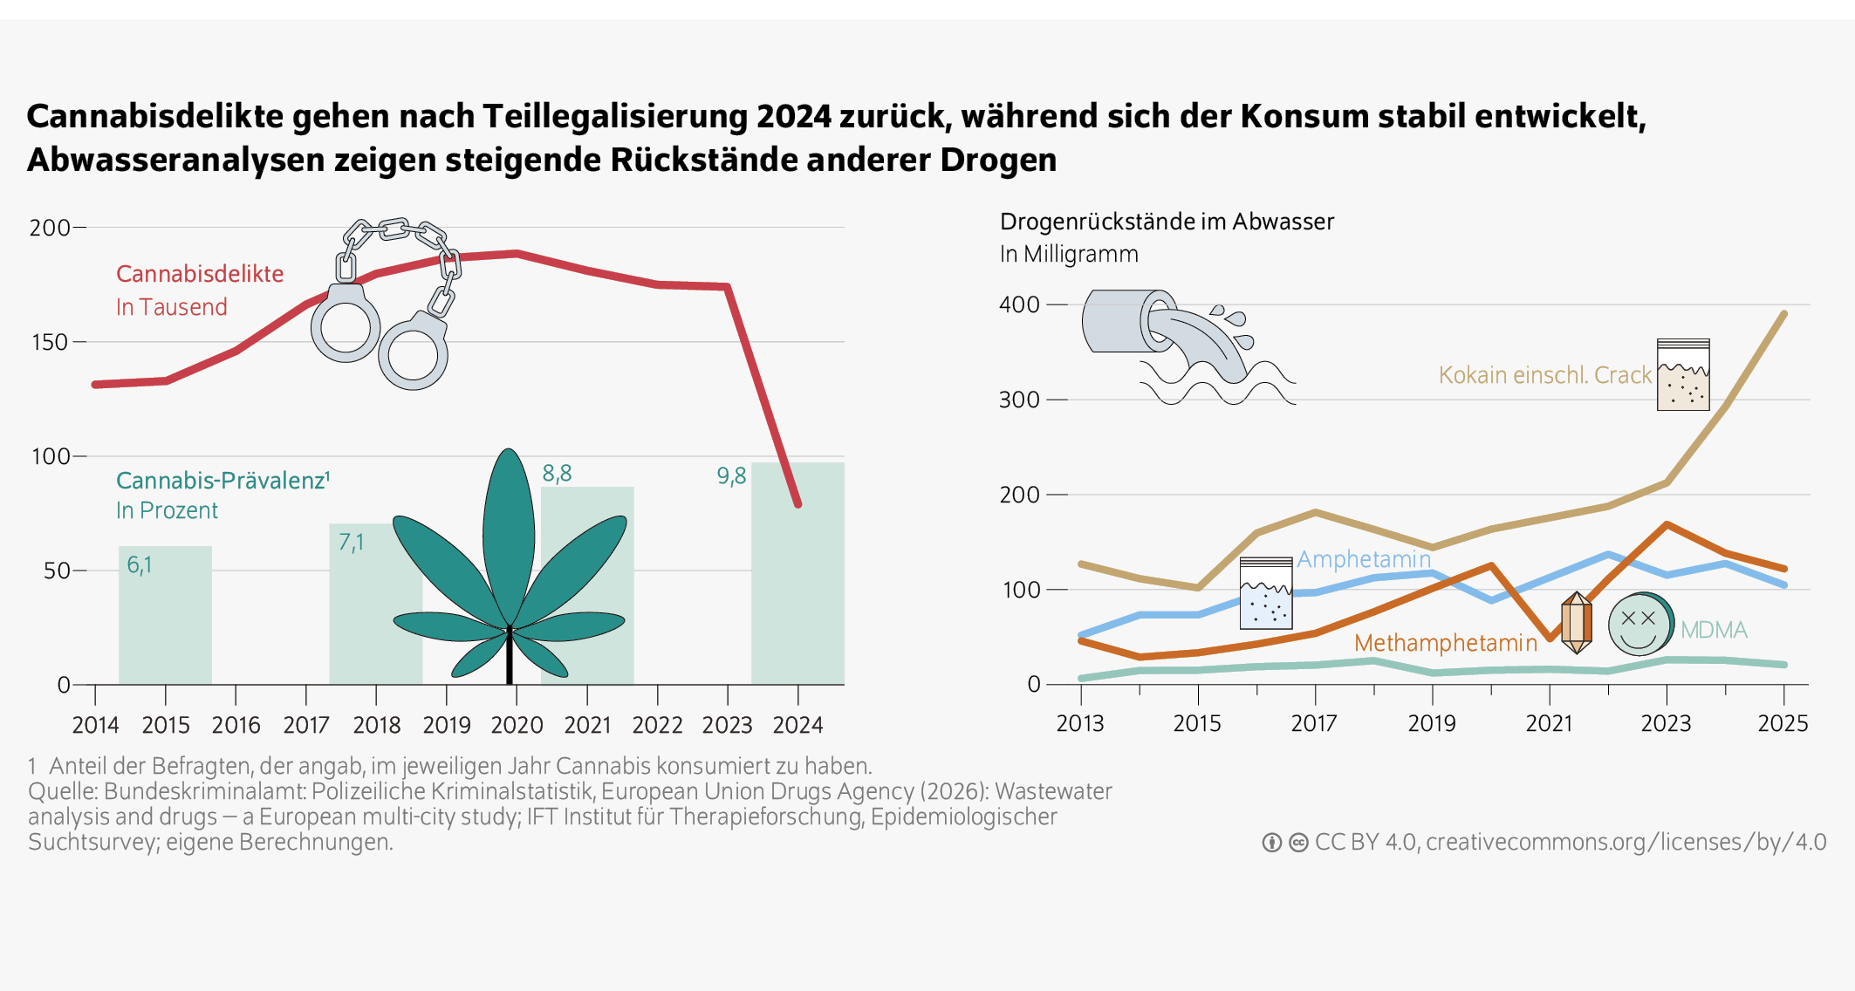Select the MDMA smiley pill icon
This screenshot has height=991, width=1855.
click(x=1639, y=625)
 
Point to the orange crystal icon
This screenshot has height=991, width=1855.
click(x=1576, y=623)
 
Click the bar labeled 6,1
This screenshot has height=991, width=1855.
click(x=165, y=615)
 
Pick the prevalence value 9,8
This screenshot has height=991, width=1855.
click(x=731, y=476)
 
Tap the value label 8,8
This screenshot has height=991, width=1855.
click(x=557, y=474)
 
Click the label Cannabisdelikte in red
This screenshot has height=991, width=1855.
click(x=200, y=274)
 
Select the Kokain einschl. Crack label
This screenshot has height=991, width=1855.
click(x=1544, y=375)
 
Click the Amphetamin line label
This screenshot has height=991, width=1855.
click(x=1363, y=559)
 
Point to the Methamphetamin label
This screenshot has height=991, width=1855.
click(x=1445, y=643)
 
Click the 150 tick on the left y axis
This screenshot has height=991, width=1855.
click(x=50, y=342)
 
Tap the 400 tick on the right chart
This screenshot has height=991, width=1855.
click(x=1019, y=304)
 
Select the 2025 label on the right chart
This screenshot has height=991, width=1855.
click(x=1783, y=723)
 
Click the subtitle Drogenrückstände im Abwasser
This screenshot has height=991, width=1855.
click(x=1167, y=222)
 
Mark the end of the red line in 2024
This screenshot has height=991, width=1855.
click(x=797, y=504)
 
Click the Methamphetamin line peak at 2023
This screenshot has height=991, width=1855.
click(x=1667, y=524)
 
